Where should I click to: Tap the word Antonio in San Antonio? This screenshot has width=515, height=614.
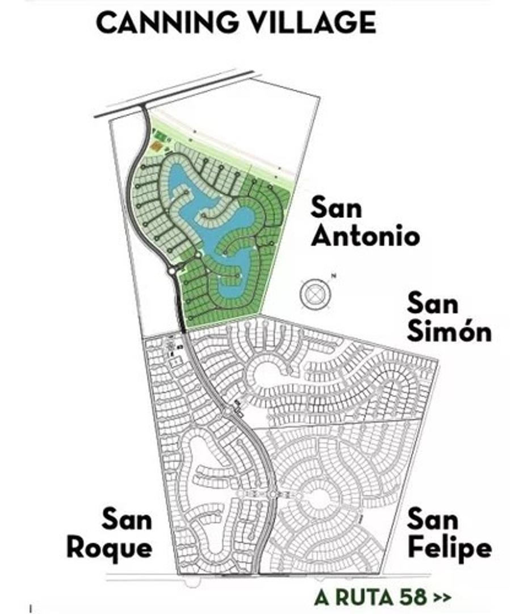tap(365, 235)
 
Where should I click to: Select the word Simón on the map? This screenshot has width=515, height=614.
tap(449, 331)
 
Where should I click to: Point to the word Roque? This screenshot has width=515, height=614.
tap(110, 548)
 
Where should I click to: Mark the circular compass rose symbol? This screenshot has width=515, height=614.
tap(315, 293)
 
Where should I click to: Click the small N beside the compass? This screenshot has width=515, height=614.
tap(334, 277)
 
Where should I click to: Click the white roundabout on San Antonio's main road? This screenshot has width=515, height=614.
tap(171, 272)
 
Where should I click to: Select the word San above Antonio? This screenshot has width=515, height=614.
tap(336, 208)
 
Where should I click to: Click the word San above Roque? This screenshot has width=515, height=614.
tap(126, 519)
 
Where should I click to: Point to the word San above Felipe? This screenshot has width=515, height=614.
tap(433, 519)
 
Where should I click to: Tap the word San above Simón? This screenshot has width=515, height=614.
tap(433, 303)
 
